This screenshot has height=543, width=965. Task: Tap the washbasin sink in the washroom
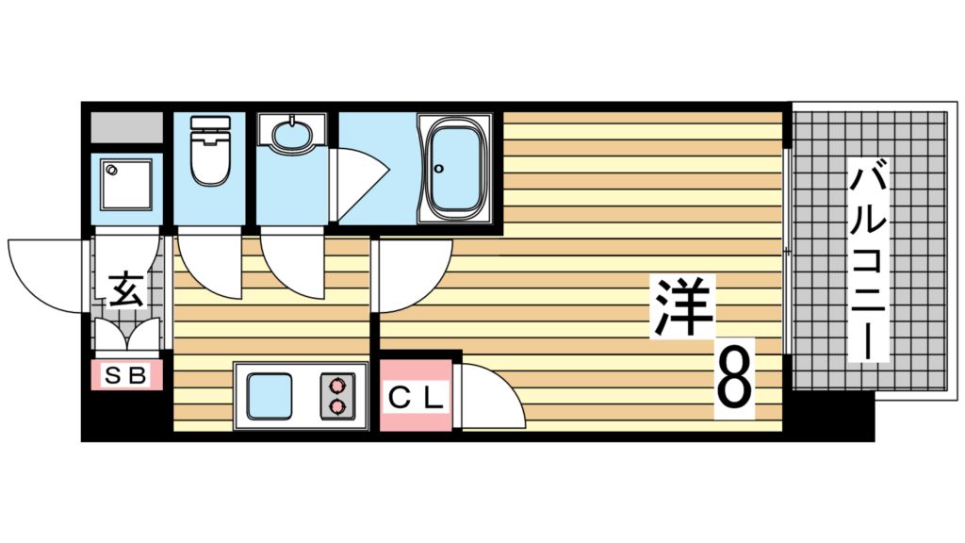coord(292,133)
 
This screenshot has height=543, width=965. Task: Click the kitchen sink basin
coord(269,396)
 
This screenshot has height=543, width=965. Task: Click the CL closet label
coord(415,399)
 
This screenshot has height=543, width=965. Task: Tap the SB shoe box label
coord(126,375)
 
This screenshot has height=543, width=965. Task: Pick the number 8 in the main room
coord(734,377)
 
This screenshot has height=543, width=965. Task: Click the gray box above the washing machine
coord(127,127)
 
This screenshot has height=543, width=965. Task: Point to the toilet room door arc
coord(209,264)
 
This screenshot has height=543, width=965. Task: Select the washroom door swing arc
coord(292,264)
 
